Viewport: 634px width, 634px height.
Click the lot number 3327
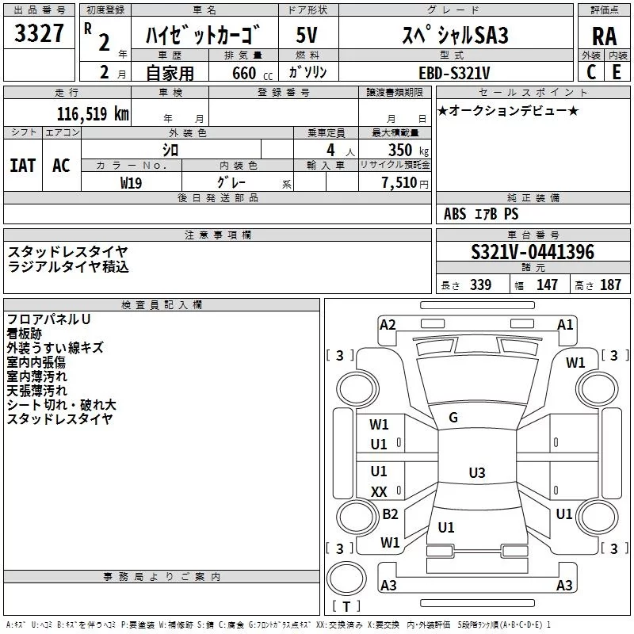click(40, 34)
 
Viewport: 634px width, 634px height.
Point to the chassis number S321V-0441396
click(532, 252)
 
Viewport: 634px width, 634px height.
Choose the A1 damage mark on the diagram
click(565, 324)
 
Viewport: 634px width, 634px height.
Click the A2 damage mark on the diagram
click(388, 324)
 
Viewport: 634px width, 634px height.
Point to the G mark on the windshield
click(453, 418)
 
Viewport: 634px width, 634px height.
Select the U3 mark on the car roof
click(476, 473)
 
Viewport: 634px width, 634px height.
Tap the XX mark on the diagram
click(379, 492)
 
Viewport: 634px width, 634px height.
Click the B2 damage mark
click(390, 514)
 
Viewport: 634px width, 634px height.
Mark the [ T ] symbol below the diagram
click(346, 607)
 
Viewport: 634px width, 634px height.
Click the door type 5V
click(307, 35)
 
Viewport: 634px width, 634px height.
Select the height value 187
click(611, 285)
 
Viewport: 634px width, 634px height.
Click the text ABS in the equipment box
click(455, 214)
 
